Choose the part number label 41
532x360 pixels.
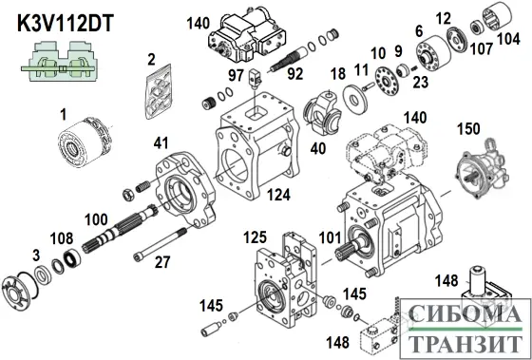(x=161, y=144)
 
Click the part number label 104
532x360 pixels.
(x=509, y=40)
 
